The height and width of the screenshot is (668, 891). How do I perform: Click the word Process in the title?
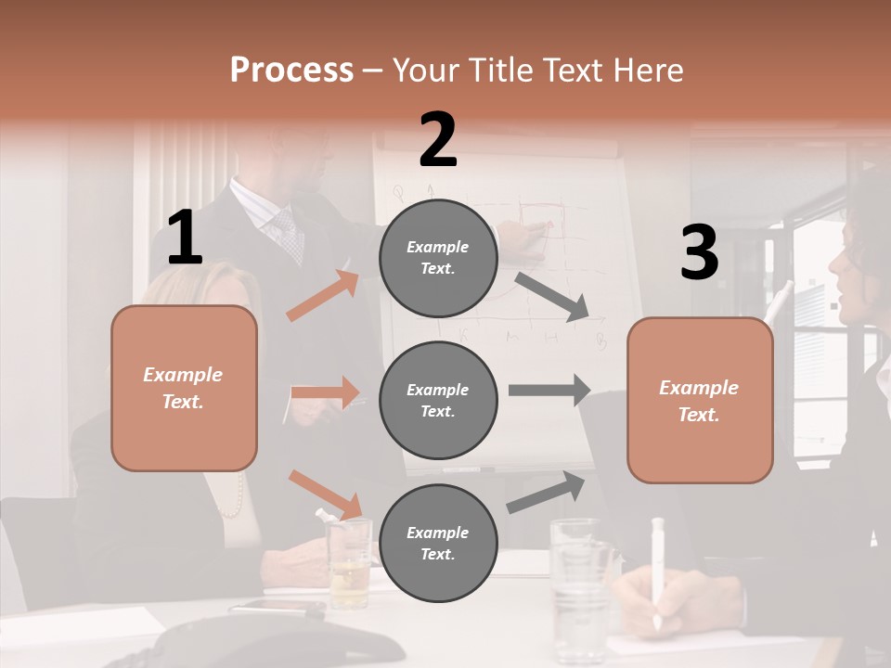[291, 70]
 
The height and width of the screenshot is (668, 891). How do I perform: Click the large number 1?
[185, 238]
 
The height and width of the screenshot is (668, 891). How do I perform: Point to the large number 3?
[699, 252]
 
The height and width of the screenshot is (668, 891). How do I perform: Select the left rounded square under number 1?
[184, 388]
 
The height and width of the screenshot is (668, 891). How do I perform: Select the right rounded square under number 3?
[700, 400]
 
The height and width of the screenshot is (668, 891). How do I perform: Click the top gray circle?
[438, 258]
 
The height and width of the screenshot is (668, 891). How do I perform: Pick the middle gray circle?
[438, 400]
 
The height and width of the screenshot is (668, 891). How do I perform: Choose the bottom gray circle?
[438, 543]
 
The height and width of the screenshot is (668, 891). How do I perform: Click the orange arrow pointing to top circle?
[323, 295]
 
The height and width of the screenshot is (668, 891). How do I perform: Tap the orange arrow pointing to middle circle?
[326, 392]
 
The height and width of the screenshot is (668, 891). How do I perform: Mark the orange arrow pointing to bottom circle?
[326, 494]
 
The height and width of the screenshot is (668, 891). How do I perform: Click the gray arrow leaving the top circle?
[552, 296]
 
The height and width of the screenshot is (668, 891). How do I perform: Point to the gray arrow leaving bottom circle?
[547, 493]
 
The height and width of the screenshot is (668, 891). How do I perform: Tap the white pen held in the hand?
[657, 570]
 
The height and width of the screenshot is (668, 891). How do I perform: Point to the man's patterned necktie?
[289, 236]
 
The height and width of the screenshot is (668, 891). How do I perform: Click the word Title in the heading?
[502, 70]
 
